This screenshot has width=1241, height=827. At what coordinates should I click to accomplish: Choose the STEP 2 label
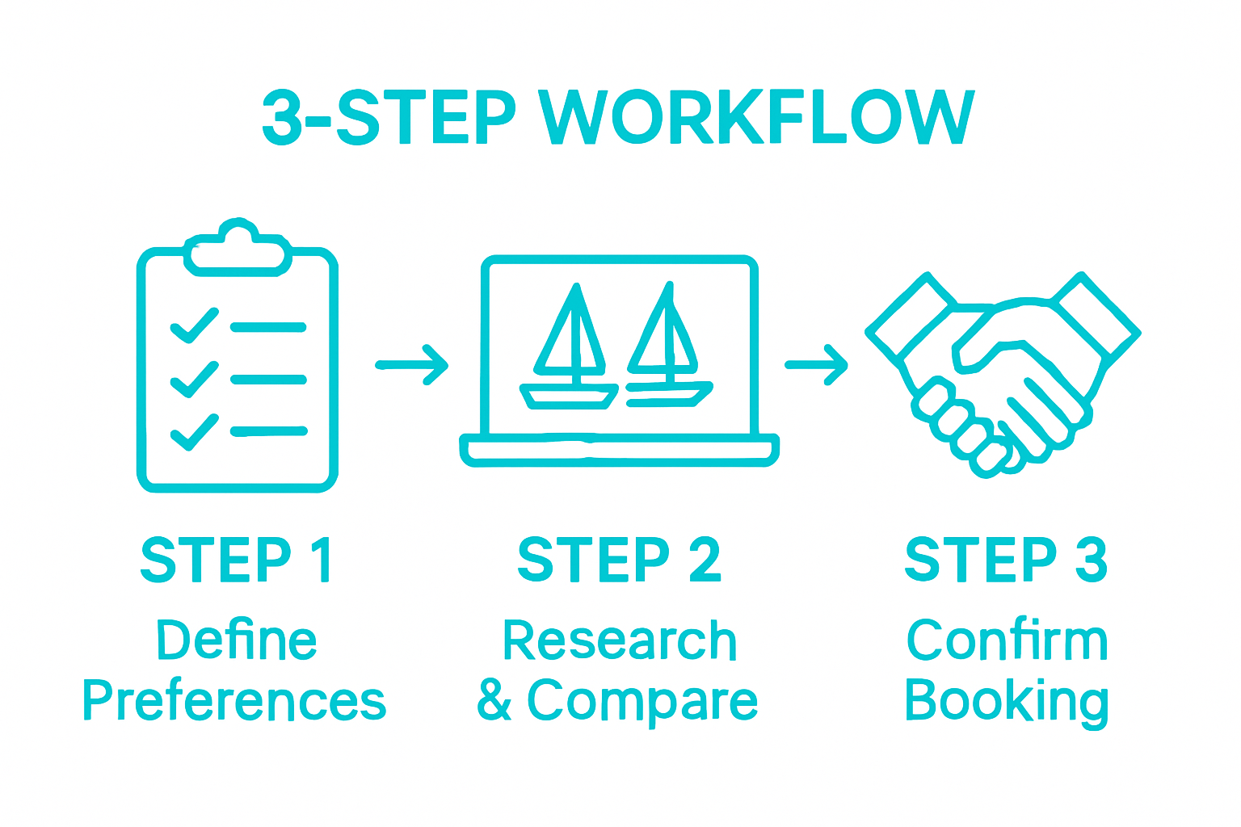pyautogui.click(x=619, y=559)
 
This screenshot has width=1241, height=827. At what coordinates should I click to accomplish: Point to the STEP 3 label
pyautogui.click(x=1006, y=559)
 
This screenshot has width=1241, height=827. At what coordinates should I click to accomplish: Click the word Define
pyautogui.click(x=237, y=640)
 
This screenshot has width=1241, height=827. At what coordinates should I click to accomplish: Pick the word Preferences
pyautogui.click(x=234, y=701)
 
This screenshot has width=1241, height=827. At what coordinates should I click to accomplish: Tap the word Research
pyautogui.click(x=619, y=640)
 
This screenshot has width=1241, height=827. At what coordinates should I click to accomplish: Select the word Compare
pyautogui.click(x=642, y=701)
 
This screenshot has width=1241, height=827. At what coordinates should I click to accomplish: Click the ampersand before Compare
pyautogui.click(x=494, y=700)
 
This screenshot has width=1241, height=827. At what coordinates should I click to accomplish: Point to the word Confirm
pyautogui.click(x=1007, y=640)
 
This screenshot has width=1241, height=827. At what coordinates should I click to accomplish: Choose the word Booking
pyautogui.click(x=1006, y=701)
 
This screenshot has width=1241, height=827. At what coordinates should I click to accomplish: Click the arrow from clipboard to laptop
pyautogui.click(x=412, y=365)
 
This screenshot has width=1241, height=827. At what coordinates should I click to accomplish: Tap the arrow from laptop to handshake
pyautogui.click(x=816, y=365)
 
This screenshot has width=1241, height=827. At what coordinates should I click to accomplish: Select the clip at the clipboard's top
pyautogui.click(x=237, y=246)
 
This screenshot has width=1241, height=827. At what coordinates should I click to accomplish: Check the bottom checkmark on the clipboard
pyautogui.click(x=194, y=431)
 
